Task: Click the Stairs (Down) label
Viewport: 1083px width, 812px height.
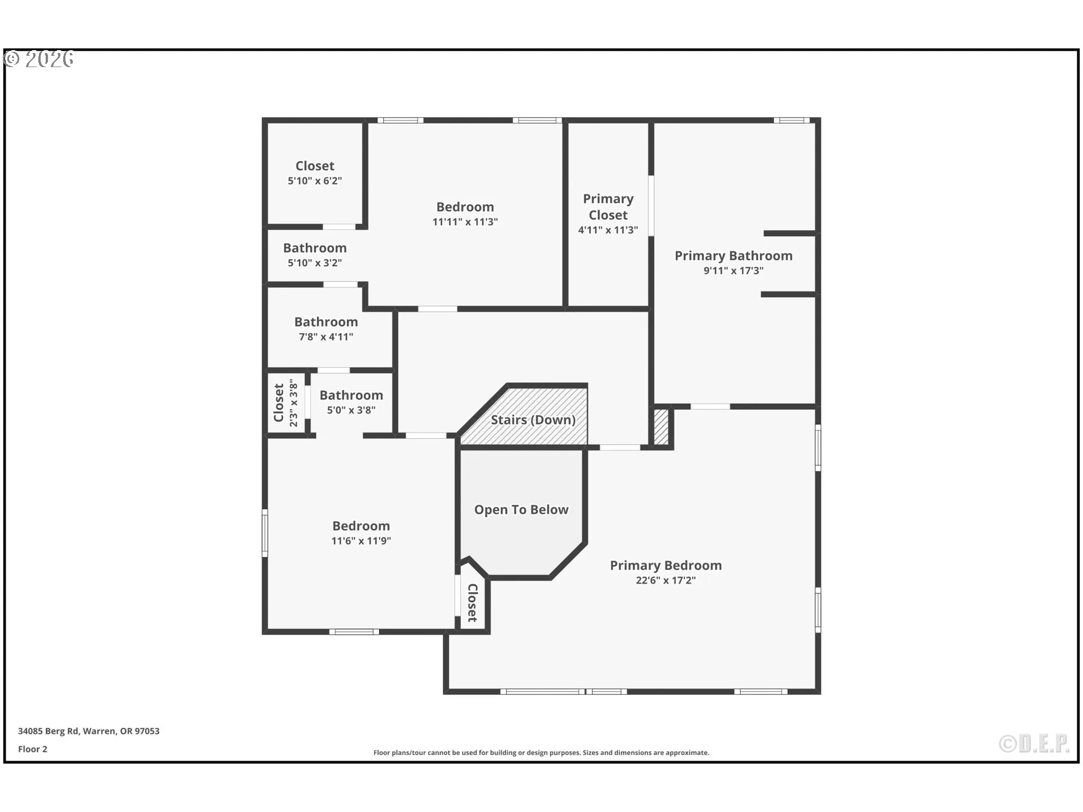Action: [x=532, y=420]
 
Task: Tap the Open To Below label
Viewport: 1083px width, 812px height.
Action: [x=521, y=509]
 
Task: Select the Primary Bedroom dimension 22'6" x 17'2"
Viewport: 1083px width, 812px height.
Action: [x=666, y=580]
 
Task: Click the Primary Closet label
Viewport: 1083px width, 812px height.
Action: [x=607, y=207]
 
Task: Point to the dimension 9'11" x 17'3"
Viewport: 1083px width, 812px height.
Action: [x=733, y=271]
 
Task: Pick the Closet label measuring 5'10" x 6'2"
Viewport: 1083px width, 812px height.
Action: [x=315, y=166]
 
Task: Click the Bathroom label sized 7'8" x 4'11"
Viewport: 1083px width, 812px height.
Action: [x=326, y=322]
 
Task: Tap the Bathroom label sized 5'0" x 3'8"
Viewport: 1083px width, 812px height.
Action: [x=351, y=395]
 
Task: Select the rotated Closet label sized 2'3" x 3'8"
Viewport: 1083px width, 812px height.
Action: [x=279, y=403]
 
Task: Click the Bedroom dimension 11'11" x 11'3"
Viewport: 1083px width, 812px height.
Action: [x=465, y=222]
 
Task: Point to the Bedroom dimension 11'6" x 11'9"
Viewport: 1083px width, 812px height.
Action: [x=361, y=541]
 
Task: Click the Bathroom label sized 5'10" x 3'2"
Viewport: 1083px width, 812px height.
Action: [x=315, y=248]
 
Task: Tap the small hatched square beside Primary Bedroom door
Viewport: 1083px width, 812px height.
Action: [x=661, y=427]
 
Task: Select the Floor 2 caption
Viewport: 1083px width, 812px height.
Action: [x=33, y=749]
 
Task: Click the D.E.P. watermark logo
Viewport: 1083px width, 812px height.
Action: [x=1034, y=744]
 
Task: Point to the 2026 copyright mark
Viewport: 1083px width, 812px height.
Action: [x=39, y=59]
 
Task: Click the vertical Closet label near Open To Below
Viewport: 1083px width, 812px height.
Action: [x=473, y=603]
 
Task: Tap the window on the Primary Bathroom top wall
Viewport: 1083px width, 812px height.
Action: [x=791, y=120]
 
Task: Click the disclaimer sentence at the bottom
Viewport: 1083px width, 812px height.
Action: [x=541, y=753]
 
